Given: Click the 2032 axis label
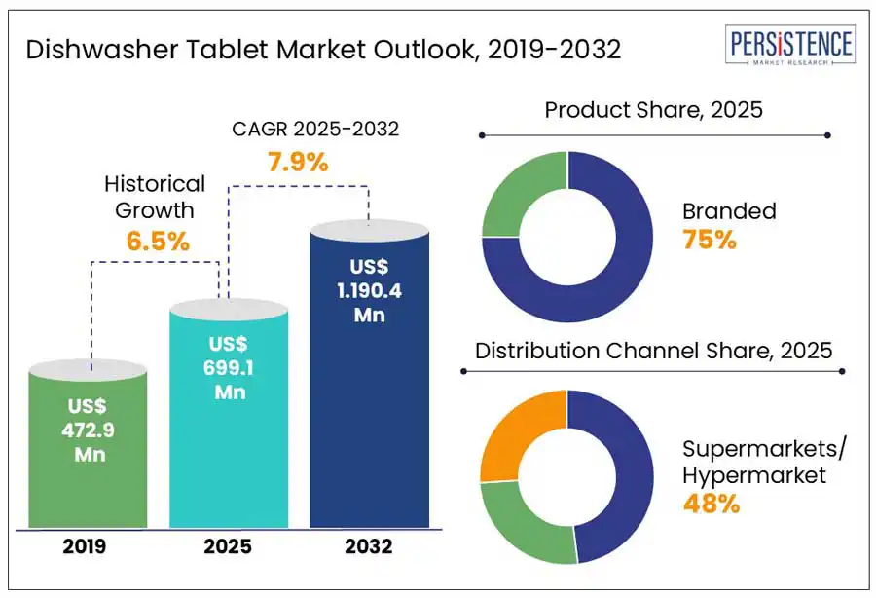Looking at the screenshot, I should pyautogui.click(x=369, y=546).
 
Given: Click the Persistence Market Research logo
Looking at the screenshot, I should pyautogui.click(x=791, y=47).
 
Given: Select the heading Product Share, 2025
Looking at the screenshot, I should pyautogui.click(x=653, y=109).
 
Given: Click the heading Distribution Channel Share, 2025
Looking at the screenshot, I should pyautogui.click(x=653, y=350).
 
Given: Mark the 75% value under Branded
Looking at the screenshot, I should pyautogui.click(x=710, y=239).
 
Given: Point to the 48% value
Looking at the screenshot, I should pyautogui.click(x=711, y=504).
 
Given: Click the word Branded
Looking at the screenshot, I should pyautogui.click(x=729, y=210).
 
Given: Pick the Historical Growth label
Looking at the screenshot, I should pyautogui.click(x=155, y=195).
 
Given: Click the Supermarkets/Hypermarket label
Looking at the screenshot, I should pyautogui.click(x=765, y=462).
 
